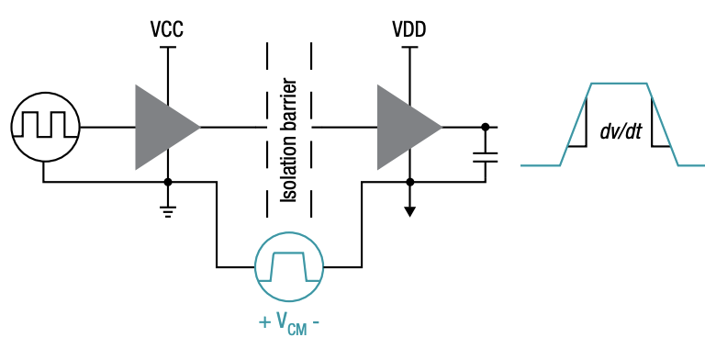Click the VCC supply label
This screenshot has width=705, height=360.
pos(168,30)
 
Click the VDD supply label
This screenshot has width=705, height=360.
pos(409,30)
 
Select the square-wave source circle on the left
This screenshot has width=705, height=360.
pos(43,127)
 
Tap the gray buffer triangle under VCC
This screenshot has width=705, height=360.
pos(162,127)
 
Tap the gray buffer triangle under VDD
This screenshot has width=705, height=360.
pos(404,127)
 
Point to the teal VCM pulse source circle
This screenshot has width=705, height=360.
pos(289,267)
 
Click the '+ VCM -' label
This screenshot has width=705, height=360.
pos(288,322)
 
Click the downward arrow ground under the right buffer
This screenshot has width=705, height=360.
pos(409,210)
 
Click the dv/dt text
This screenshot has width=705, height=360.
pos(620,132)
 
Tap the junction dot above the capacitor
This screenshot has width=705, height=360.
pos(485,127)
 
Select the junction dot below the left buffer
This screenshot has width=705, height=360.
pos(168,182)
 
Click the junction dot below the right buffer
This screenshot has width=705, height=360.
pos(409,182)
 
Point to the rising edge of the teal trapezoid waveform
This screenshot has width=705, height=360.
pos(575,125)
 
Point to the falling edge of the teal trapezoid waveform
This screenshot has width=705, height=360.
pos(663,125)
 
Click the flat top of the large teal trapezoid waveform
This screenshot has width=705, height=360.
pos(619,84)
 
